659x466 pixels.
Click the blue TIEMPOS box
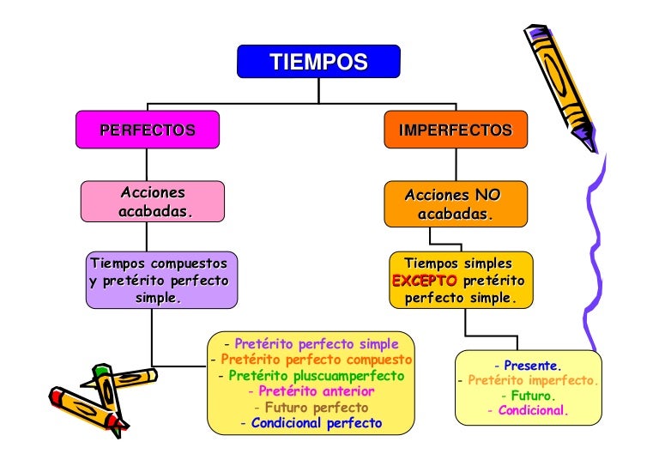[318, 62]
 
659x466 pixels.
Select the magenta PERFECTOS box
[147, 130]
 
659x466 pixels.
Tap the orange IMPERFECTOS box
[455, 130]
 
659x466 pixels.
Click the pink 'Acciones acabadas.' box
[153, 203]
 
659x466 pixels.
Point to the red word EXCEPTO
[424, 281]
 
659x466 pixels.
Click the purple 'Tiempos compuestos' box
[160, 280]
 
